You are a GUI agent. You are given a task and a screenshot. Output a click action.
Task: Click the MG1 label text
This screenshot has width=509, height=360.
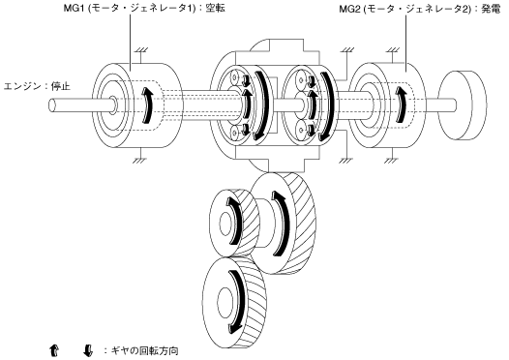coord(144,8)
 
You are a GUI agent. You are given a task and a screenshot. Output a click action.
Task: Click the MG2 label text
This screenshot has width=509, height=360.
coord(420,9)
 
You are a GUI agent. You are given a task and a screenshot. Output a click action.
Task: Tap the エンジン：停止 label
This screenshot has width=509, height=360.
coord(37,87)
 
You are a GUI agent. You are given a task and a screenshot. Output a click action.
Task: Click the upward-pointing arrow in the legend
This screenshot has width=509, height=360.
coord(54,350)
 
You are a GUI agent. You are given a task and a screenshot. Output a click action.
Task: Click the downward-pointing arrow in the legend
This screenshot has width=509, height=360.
coord(88,350)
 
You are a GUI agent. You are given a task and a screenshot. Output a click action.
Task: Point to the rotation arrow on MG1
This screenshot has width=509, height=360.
coord(147,105)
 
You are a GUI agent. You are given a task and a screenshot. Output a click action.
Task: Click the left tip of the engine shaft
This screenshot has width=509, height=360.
coord(51,105)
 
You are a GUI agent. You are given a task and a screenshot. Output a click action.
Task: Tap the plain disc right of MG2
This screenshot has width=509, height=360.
coord(463,105)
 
